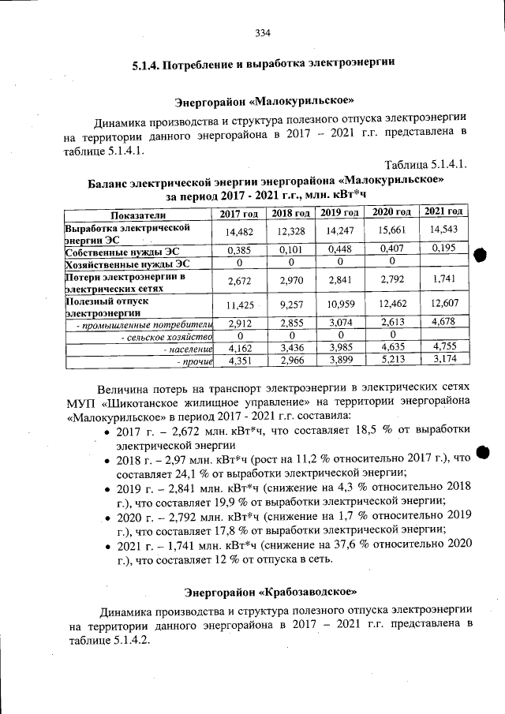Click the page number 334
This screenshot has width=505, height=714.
coord(263,33)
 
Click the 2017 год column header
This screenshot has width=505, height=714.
coord(238,214)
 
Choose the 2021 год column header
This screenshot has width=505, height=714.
coord(443,211)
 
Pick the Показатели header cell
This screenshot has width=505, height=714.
coord(138,215)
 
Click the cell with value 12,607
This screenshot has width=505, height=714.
coord(443,305)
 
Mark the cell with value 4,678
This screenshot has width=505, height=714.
coord(443,322)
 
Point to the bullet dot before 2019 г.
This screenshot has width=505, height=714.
coord(107,489)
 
